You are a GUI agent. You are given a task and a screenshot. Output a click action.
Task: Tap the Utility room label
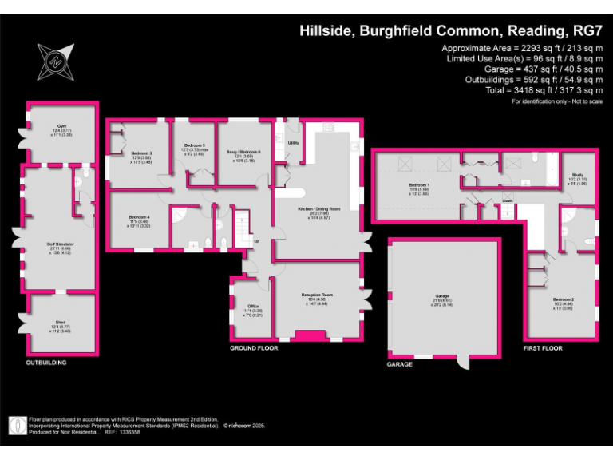click(293, 143)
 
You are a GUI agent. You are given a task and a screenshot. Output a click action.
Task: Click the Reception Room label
click(316, 295)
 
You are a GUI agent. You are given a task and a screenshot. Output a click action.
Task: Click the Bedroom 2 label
click(564, 299)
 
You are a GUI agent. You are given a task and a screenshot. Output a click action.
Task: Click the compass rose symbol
click(54, 61)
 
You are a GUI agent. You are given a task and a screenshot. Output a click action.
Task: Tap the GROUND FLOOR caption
click(253, 349)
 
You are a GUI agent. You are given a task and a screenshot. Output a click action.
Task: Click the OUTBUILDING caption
click(45, 363)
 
